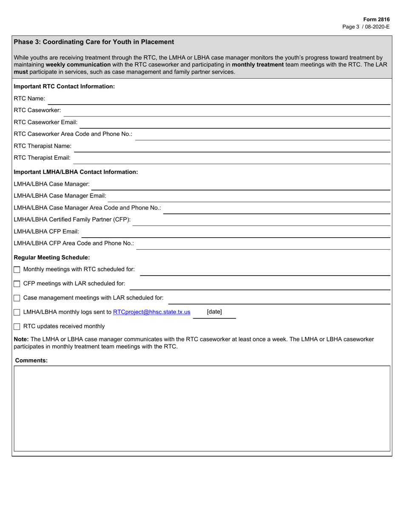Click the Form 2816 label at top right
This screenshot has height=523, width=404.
click(x=376, y=20)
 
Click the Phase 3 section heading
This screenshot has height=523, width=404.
click(x=94, y=42)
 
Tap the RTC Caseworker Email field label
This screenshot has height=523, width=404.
click(x=46, y=122)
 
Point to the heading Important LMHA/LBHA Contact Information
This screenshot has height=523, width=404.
click(x=76, y=172)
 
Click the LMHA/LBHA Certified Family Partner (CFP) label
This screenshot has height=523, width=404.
click(x=72, y=220)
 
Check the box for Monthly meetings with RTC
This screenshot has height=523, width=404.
click(x=17, y=270)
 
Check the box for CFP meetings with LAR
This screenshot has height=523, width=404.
click(x=17, y=284)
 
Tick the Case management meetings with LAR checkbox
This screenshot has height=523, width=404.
click(x=17, y=298)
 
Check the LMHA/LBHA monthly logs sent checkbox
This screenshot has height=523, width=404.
click(x=17, y=313)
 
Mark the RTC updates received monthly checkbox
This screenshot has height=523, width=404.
click(x=17, y=327)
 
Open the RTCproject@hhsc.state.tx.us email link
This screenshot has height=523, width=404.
click(x=152, y=312)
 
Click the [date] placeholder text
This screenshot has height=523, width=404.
click(x=214, y=312)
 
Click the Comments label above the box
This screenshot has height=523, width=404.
click(x=31, y=360)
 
